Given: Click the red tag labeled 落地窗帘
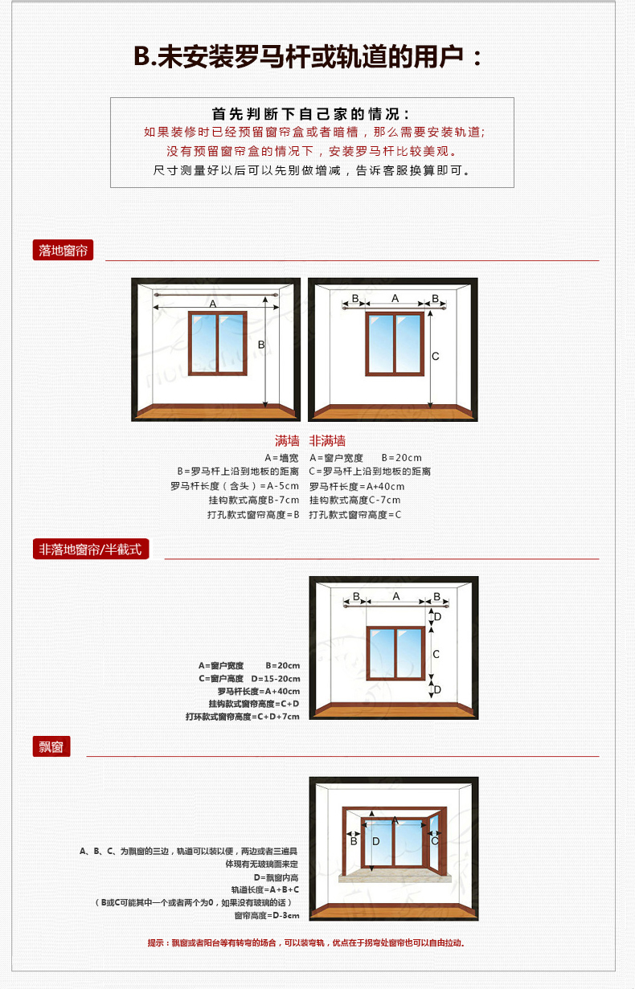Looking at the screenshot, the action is (63, 250).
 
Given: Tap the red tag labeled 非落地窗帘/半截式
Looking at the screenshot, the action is (91, 549).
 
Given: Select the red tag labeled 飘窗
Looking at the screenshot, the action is (51, 746).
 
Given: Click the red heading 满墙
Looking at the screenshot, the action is (287, 440).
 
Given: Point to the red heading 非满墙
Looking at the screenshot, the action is (327, 440).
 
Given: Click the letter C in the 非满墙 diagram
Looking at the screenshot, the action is (436, 356).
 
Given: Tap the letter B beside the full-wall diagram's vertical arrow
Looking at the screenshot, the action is (261, 345).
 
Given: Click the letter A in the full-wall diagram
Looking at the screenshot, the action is (213, 304).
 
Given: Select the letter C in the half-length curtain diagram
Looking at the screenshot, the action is (436, 654).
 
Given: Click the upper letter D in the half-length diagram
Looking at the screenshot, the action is (437, 617).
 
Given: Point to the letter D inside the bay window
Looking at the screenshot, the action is (376, 841).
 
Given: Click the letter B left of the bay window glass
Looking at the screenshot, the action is (354, 841).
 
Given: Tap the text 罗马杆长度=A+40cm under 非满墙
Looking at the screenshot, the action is (357, 486).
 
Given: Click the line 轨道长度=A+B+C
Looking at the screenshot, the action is (265, 889).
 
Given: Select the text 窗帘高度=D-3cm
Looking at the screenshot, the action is (267, 915).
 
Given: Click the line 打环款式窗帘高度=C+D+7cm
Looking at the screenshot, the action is (243, 716).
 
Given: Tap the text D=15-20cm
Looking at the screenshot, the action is (276, 678).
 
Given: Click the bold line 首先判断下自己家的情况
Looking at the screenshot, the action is (311, 114).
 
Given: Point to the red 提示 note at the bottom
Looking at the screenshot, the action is (306, 942).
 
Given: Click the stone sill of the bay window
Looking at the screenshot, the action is (395, 878).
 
